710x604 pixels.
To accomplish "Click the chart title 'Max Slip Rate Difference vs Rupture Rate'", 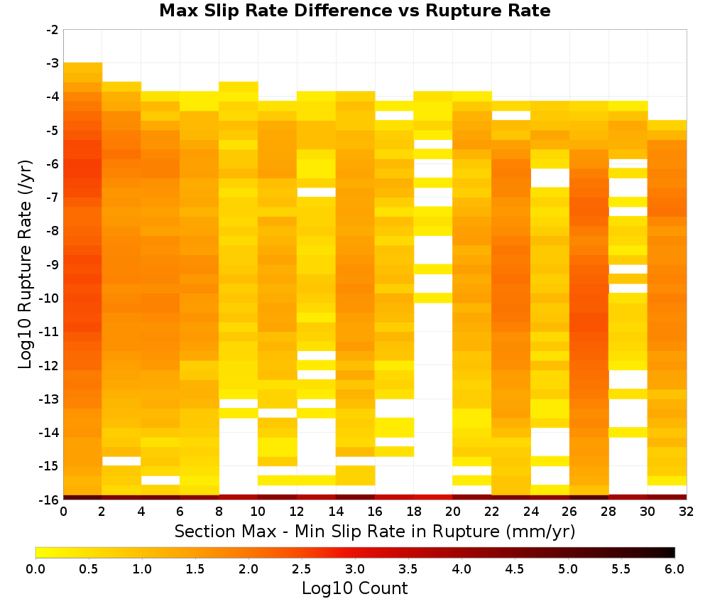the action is pyautogui.click(x=354, y=11).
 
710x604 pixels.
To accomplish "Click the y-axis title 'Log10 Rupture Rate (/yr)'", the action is pyautogui.click(x=25, y=264).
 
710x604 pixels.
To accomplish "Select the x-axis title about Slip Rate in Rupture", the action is pyautogui.click(x=374, y=531).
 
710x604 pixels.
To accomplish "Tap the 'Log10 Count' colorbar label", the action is pyautogui.click(x=354, y=588).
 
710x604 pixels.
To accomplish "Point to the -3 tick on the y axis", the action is pyautogui.click(x=53, y=63).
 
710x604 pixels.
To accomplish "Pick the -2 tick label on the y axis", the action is pyautogui.click(x=53, y=30).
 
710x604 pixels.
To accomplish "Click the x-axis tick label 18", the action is pyautogui.click(x=413, y=512).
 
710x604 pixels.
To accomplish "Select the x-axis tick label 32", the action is pyautogui.click(x=686, y=512).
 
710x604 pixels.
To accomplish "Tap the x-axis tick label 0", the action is pyautogui.click(x=63, y=512).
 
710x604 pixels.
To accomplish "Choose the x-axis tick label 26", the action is pyautogui.click(x=569, y=512).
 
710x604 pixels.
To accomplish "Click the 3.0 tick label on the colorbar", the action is pyautogui.click(x=355, y=568).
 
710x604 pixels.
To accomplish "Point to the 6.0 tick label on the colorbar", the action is pyautogui.click(x=674, y=568).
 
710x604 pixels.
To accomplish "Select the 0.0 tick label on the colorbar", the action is pyautogui.click(x=35, y=568).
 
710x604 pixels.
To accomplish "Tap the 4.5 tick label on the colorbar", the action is pyautogui.click(x=514, y=568).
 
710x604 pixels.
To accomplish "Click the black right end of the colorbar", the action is pyautogui.click(x=672, y=552).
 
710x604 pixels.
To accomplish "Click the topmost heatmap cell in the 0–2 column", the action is pyautogui.click(x=83, y=68).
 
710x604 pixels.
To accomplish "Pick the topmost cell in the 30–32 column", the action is pyautogui.click(x=667, y=125).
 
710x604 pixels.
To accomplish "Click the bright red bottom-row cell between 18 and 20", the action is pyautogui.click(x=433, y=497).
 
